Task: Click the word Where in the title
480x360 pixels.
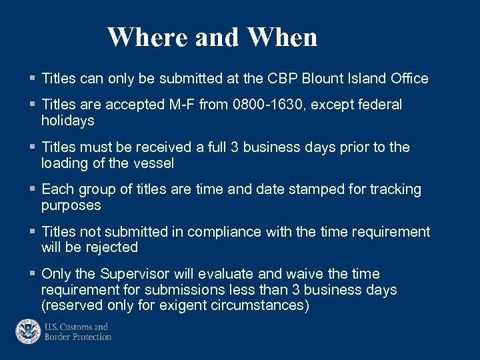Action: click(147, 37)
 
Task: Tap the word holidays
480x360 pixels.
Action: click(68, 121)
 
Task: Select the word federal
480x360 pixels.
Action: click(379, 105)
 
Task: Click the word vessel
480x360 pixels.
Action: click(153, 163)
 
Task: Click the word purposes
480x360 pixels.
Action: click(71, 205)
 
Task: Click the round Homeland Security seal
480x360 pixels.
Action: click(28, 331)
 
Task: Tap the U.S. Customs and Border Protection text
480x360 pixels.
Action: click(77, 331)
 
